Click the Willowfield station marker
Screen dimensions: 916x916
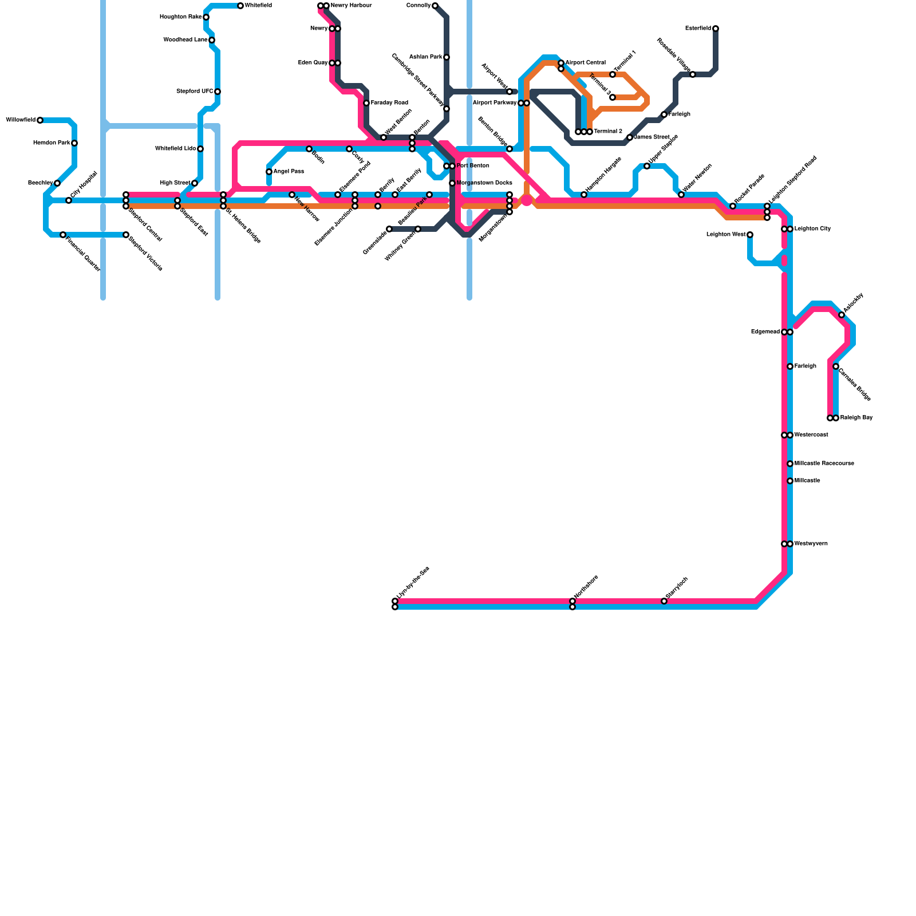[40, 120]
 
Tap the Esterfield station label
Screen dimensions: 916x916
[698, 29]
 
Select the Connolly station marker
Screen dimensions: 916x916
[435, 6]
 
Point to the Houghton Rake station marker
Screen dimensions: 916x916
[206, 17]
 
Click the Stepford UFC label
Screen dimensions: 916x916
[195, 92]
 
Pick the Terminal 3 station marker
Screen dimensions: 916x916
[613, 97]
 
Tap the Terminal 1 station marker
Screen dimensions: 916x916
[613, 74]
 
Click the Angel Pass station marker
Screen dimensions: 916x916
[269, 172]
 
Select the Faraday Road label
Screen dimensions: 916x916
[389, 103]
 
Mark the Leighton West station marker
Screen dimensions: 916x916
[750, 235]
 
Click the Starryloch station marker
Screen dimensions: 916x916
[664, 601]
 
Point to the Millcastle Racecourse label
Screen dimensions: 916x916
[824, 464]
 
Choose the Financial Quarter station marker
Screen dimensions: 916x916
[63, 235]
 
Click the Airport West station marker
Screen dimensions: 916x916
[510, 92]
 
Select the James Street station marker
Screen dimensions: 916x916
[630, 137]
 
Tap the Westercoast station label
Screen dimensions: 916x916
[811, 435]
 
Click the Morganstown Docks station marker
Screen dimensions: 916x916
[452, 183]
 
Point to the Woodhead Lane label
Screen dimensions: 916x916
[185, 40]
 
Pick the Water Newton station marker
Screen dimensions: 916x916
[681, 195]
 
